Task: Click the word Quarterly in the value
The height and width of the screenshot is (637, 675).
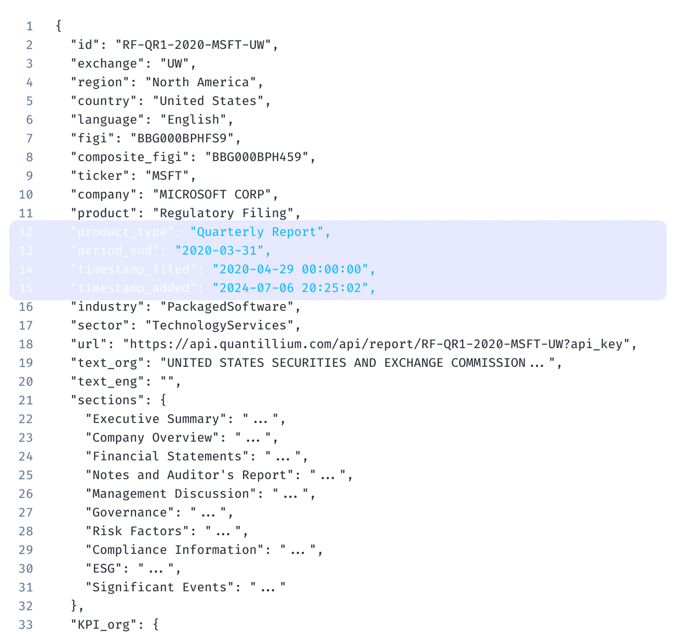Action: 230,232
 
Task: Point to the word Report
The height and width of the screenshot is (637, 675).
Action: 294,232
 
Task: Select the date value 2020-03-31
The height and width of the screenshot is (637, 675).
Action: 220,251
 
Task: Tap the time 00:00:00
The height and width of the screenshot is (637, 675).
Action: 331,270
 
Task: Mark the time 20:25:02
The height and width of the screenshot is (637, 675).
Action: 331,288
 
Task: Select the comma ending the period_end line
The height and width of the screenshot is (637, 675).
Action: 268,253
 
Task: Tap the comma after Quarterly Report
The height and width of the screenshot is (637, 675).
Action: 328,234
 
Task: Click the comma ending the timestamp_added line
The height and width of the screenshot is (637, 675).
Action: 372,290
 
